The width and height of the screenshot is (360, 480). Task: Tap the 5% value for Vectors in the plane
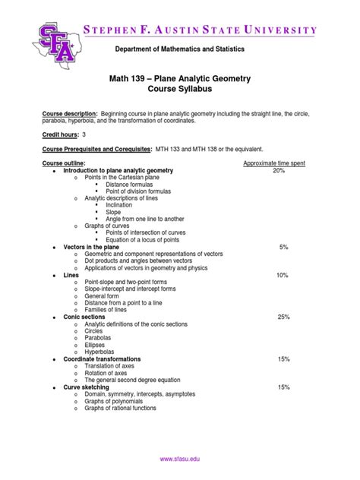pyautogui.click(x=283, y=248)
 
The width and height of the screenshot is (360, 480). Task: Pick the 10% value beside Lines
pyautogui.click(x=283, y=275)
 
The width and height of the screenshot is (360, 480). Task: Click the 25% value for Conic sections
pyautogui.click(x=283, y=317)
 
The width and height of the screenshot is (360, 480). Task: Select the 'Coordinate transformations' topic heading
pyautogui.click(x=103, y=358)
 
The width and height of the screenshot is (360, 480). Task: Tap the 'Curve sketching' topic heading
pyautogui.click(x=87, y=387)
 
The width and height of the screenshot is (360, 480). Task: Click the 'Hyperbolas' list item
pyautogui.click(x=101, y=351)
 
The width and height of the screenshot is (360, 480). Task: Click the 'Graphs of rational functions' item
pyautogui.click(x=125, y=408)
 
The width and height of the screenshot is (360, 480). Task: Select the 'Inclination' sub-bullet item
pyautogui.click(x=120, y=205)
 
